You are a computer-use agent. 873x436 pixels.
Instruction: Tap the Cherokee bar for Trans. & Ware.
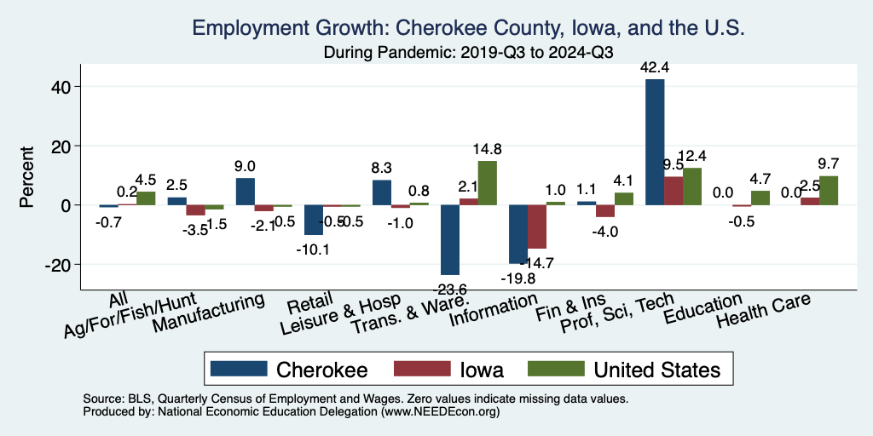point(450,239)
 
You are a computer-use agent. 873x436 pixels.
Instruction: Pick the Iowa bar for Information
point(537,227)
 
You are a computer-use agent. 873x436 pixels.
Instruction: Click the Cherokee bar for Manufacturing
point(245,192)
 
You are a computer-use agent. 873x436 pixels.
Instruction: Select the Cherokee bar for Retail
point(314,220)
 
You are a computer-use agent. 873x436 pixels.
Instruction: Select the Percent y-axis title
point(27,176)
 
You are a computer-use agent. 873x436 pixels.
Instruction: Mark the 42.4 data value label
point(656,65)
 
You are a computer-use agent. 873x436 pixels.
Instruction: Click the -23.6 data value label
point(450,287)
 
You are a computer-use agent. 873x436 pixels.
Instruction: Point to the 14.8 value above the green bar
point(488,149)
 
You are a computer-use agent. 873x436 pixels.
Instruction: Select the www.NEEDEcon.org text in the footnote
point(442,411)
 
